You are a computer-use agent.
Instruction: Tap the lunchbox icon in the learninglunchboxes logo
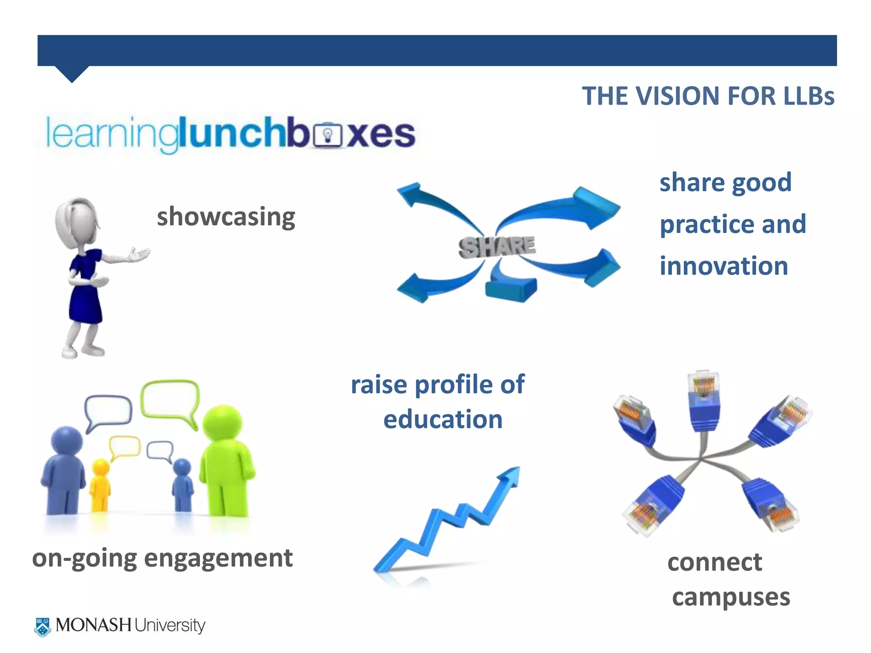pyautogui.click(x=327, y=135)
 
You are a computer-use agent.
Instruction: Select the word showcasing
pyautogui.click(x=226, y=217)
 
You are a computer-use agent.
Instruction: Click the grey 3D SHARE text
pyautogui.click(x=497, y=247)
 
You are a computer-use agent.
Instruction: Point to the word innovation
pyautogui.click(x=724, y=266)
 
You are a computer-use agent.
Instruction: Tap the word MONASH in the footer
pyautogui.click(x=94, y=625)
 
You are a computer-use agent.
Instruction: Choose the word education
pyautogui.click(x=443, y=420)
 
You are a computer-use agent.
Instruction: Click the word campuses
pyautogui.click(x=731, y=597)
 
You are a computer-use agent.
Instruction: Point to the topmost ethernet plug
pyautogui.click(x=704, y=400)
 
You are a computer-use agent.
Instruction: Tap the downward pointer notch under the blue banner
pyautogui.click(x=72, y=74)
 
